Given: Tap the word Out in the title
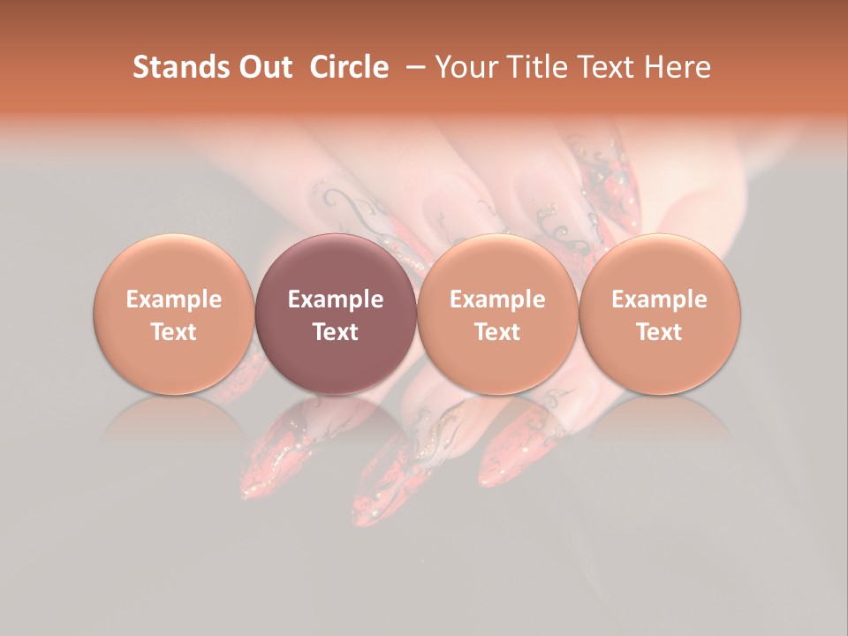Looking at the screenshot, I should point(263,67).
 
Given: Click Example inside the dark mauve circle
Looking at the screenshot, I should point(336,299).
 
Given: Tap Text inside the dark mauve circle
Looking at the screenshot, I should point(336,332).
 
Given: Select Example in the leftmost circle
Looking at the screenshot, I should point(174,299).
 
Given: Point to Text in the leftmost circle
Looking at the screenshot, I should point(174,332).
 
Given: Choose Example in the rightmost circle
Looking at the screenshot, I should point(660,299).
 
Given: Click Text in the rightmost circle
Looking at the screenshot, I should point(660,332).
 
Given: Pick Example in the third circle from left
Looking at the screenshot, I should point(497,299).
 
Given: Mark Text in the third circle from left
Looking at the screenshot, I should point(497,332).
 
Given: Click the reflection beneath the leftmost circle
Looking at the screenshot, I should point(174,420).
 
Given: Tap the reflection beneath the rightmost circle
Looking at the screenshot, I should point(660,420).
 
